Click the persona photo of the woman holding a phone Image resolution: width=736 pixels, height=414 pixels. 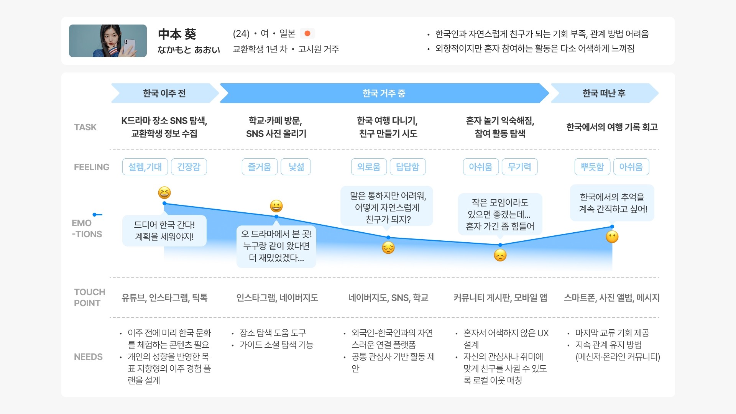108,41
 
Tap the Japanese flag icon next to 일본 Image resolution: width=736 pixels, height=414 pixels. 307,34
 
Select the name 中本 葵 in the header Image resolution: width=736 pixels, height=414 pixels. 177,34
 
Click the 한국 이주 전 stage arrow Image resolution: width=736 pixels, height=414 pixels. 164,93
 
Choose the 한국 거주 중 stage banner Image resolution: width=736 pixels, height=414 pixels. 384,93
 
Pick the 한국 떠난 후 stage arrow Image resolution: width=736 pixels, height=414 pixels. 604,93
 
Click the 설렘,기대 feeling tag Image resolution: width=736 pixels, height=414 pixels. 145,167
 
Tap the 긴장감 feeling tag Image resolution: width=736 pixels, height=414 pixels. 189,167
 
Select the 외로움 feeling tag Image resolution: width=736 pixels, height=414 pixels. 369,167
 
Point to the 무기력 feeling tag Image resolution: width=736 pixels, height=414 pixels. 519,167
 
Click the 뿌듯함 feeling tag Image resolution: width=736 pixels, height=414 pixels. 592,167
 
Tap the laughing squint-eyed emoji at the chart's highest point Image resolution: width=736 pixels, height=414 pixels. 164,192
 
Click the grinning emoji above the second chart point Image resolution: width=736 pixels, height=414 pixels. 276,206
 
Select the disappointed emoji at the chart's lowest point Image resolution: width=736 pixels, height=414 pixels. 500,255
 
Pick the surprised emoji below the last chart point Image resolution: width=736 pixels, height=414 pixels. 612,237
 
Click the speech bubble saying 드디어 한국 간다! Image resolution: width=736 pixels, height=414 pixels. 164,230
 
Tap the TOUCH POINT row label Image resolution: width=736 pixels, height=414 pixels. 89,297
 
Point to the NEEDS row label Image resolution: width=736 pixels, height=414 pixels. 88,357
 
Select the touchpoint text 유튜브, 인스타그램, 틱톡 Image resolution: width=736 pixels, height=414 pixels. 164,298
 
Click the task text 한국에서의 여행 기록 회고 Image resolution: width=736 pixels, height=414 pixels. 612,127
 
